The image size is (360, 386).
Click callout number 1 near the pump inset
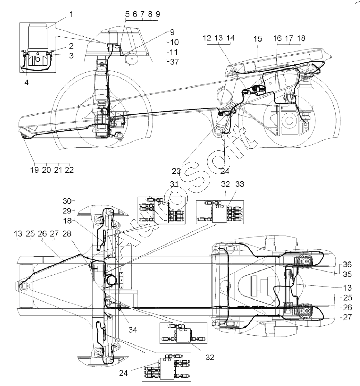tap(71, 14)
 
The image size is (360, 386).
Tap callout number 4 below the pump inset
tap(26, 82)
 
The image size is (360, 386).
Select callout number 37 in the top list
tap(174, 62)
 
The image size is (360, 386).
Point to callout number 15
tap(258, 39)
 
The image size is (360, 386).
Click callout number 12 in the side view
tap(207, 38)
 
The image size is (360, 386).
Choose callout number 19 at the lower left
tap(35, 169)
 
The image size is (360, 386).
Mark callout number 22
tap(69, 169)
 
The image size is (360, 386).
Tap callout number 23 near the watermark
tap(176, 171)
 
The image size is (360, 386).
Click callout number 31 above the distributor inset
tap(174, 184)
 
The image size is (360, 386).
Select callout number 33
tap(240, 184)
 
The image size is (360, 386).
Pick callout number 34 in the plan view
tap(133, 330)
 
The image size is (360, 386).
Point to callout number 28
tap(67, 233)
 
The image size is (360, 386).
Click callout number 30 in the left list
tap(67, 201)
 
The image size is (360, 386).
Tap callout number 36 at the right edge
tap(347, 264)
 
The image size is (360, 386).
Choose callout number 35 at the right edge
tap(347, 274)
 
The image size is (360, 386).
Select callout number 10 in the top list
tap(174, 42)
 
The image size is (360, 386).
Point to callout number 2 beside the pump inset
tap(71, 46)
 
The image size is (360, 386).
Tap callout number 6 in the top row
tap(135, 14)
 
